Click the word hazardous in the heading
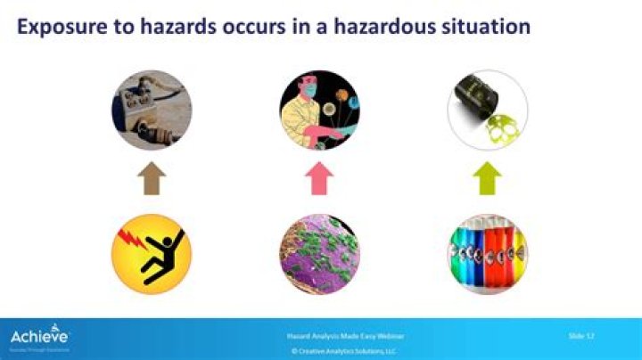pyautogui.click(x=374, y=27)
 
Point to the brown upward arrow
pyautogui.click(x=152, y=179)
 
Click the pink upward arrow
pyautogui.click(x=318, y=179)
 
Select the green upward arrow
pyautogui.click(x=487, y=179)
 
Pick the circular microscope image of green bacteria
pyautogui.click(x=318, y=254)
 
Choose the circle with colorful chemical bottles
pyautogui.click(x=487, y=254)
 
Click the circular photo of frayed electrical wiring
pyautogui.click(x=152, y=110)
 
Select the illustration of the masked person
pyautogui.click(x=318, y=110)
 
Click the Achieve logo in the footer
pyautogui.click(x=39, y=338)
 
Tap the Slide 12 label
pyautogui.click(x=581, y=335)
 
